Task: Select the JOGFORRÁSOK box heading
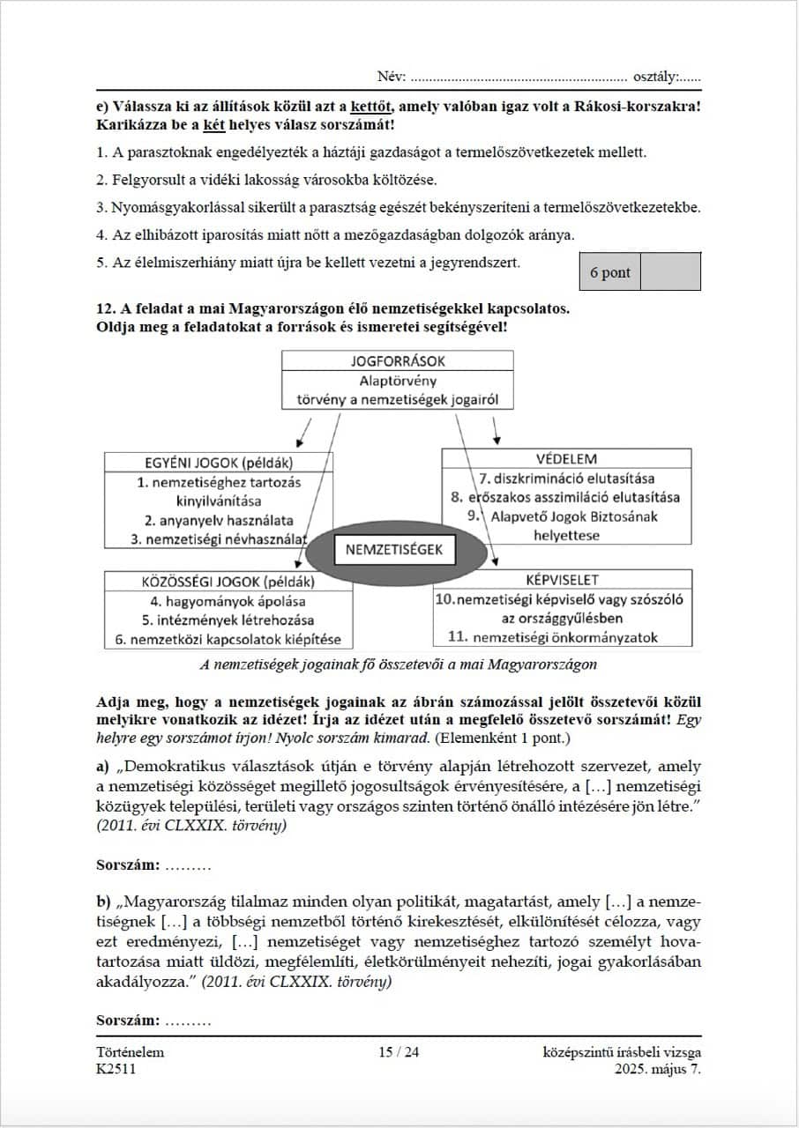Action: [x=398, y=361]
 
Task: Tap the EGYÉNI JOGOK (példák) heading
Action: [x=219, y=463]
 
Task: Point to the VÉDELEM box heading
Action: [x=566, y=459]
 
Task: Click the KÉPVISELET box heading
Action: [x=563, y=580]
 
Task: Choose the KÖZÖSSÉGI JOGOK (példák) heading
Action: [x=228, y=582]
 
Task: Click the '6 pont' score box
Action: [x=609, y=272]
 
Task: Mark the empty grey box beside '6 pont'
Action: [x=670, y=272]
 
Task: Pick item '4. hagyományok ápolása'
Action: [x=228, y=602]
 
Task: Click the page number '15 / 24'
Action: [x=399, y=1052]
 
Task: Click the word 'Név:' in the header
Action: [x=392, y=78]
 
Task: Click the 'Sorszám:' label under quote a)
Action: [x=128, y=865]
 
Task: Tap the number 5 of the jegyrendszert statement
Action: [x=101, y=262]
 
